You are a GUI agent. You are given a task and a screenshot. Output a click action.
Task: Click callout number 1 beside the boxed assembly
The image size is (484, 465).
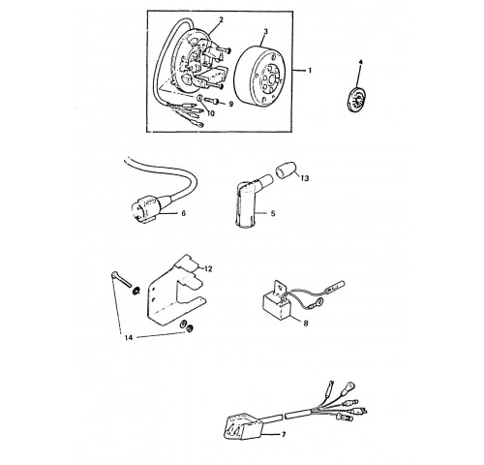310,70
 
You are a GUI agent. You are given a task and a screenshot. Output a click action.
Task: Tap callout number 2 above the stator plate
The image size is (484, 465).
221,19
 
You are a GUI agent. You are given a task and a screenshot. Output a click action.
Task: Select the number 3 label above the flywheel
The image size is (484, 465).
265,31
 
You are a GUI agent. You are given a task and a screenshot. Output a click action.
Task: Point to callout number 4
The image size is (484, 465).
360,62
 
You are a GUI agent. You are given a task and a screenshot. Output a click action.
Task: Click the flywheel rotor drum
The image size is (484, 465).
260,77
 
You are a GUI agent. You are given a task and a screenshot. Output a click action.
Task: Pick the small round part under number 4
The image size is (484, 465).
356,99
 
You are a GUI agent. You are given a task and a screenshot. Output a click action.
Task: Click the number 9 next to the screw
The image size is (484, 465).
230,105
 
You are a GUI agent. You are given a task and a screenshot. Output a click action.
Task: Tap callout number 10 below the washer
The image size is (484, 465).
210,113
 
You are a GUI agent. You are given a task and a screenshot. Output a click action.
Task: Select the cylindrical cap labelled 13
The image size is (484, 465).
286,170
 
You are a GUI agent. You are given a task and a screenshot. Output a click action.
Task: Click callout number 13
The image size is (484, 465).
305,178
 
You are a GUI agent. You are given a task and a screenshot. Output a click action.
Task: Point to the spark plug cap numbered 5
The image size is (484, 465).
250,202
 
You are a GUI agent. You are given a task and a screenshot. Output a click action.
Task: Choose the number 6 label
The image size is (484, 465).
184,213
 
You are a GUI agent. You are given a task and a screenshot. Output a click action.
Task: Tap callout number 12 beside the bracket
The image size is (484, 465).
208,268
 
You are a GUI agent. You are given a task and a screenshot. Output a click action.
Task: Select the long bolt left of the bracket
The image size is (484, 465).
121,279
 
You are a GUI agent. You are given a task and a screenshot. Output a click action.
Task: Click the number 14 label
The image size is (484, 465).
129,338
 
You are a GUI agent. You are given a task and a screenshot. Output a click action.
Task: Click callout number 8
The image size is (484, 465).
306,323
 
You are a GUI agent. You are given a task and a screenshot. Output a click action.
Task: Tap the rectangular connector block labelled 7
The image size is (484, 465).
243,427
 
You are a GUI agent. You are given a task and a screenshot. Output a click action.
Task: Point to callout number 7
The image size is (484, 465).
284,435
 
